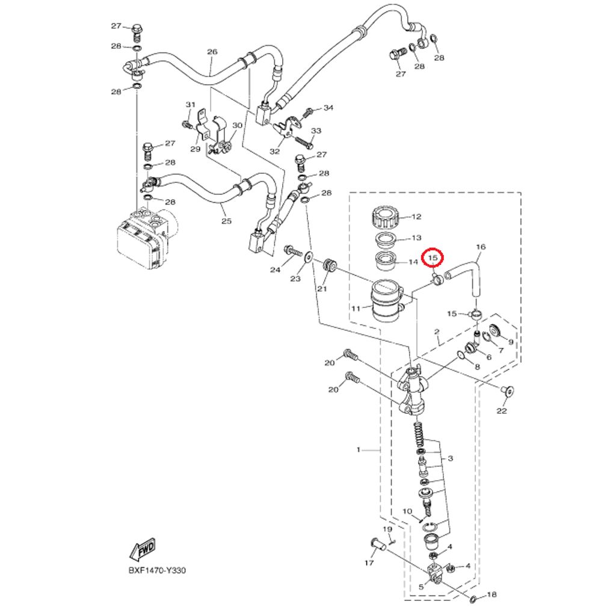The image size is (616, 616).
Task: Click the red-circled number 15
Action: [x=433, y=258]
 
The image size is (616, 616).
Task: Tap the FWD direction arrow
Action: [x=143, y=549]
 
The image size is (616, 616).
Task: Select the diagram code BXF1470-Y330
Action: [x=157, y=570]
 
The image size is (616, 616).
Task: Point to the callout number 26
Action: [x=212, y=52]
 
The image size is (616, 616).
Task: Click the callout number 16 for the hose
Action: [x=481, y=247]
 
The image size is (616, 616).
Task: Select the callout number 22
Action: [x=502, y=411]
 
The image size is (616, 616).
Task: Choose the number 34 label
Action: [x=328, y=108]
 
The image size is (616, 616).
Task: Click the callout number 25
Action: [x=226, y=221]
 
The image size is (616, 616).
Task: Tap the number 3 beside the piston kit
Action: [x=450, y=458]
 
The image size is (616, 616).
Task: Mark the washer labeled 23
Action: [x=309, y=257]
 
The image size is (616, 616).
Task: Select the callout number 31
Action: [x=191, y=105]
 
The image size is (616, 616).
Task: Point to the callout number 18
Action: [x=491, y=594]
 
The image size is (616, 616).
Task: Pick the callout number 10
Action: [x=407, y=511]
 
